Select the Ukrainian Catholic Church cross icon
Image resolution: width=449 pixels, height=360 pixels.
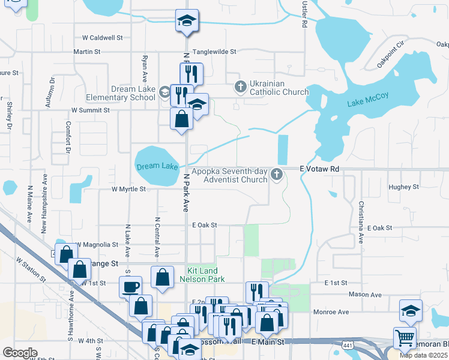(x=240, y=87)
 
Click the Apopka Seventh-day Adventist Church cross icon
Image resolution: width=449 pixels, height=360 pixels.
(x=277, y=175)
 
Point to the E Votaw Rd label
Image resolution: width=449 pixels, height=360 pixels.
(x=319, y=169)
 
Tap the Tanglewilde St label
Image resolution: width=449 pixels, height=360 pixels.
(x=214, y=52)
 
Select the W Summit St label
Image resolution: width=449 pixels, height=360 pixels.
(x=90, y=110)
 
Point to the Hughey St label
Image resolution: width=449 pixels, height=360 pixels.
(x=403, y=187)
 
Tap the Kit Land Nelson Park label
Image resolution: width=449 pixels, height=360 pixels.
(x=201, y=275)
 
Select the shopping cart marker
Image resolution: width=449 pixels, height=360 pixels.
(x=405, y=337)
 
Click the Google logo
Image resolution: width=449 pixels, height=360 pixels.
(x=20, y=352)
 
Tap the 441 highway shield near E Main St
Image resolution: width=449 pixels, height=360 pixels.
(x=349, y=345)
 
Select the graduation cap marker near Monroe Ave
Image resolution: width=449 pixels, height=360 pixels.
(x=410, y=311)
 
